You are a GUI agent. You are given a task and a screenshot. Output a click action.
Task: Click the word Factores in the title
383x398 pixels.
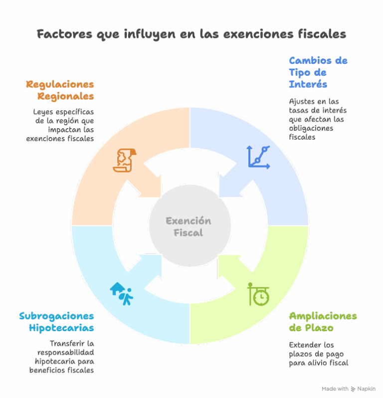(64, 34)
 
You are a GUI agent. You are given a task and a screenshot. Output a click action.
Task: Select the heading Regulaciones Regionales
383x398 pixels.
(60, 90)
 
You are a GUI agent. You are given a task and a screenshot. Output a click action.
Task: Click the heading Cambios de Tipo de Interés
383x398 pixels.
(318, 72)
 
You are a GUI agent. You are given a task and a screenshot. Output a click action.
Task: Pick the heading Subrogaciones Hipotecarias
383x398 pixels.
(56, 322)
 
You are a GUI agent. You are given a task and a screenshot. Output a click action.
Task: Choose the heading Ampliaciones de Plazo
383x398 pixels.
(323, 322)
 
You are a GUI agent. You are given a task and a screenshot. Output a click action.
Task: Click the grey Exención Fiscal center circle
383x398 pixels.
(190, 225)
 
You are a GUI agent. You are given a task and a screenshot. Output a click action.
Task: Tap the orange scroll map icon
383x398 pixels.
(125, 161)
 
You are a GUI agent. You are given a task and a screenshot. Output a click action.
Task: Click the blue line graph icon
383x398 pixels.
(258, 157)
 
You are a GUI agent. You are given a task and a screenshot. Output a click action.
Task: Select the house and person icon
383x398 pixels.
(122, 294)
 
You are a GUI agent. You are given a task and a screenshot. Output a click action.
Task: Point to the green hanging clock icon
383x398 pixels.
(258, 294)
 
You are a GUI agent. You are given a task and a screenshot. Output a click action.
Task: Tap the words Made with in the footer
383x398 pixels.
(335, 389)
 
